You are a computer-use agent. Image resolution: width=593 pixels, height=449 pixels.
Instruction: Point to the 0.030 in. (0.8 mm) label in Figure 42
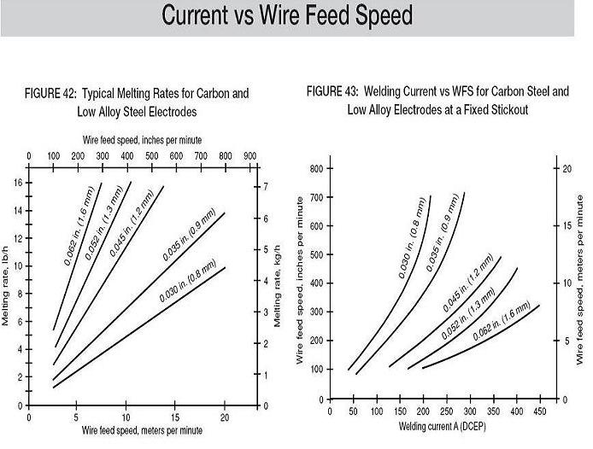pyautogui.click(x=187, y=279)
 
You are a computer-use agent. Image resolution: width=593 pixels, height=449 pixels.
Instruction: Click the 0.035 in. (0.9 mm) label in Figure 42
pyautogui.click(x=189, y=242)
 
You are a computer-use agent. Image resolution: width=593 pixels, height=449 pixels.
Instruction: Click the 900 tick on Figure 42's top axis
pyautogui.click(x=250, y=156)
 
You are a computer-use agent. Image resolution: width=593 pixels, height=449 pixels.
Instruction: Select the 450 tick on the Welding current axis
pyautogui.click(x=540, y=411)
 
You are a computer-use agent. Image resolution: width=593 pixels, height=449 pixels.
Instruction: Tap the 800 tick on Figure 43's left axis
pyautogui.click(x=315, y=168)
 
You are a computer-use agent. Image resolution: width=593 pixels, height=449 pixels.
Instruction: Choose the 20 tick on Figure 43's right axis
pyautogui.click(x=565, y=168)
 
